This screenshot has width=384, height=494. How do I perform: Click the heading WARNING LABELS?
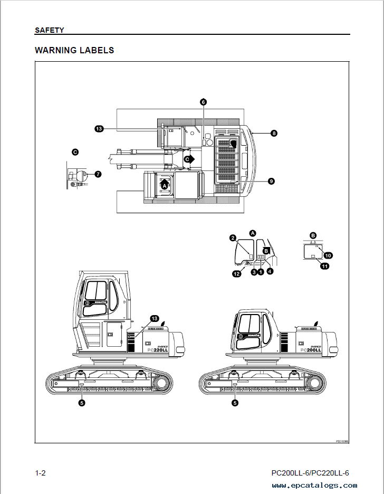coord(74,51)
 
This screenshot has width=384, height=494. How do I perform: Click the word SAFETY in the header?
coord(49,30)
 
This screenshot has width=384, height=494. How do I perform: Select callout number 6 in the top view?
coord(203,101)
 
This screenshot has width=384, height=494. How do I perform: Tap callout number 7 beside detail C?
coord(98,174)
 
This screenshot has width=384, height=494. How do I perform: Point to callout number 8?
coord(274,134)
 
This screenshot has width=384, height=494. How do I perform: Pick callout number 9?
coord(271,181)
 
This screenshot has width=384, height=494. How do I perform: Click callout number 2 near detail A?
coord(232,237)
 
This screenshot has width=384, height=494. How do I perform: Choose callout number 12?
coord(237,273)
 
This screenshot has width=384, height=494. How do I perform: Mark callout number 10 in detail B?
coord(328,255)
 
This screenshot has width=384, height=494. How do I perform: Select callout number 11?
coord(325,267)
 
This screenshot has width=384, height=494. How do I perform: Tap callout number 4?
coord(270,271)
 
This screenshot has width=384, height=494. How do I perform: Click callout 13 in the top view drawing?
coord(98,128)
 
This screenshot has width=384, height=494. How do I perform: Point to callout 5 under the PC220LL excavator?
coord(82,403)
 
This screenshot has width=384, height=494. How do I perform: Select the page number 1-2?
coord(40,473)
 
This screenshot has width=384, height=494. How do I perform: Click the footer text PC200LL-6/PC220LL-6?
coord(310,473)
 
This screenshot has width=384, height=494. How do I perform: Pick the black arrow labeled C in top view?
coord(189,158)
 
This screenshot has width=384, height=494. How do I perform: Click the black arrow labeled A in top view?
coord(165,185)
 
